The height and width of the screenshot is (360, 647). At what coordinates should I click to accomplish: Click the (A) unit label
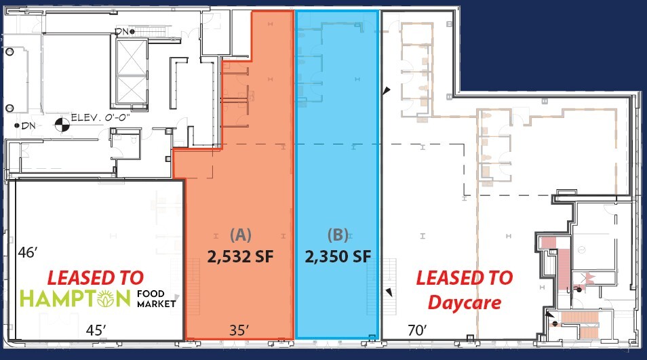(241, 235)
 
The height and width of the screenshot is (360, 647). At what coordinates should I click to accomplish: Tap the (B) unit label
(337, 235)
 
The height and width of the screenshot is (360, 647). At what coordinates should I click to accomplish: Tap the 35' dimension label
(239, 330)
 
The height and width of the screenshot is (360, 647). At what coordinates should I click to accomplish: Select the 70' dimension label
(417, 330)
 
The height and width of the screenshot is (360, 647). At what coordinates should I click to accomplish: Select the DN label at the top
(121, 31)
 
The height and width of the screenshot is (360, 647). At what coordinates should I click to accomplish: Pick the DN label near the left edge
(28, 125)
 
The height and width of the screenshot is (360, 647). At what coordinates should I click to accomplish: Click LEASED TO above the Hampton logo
(95, 277)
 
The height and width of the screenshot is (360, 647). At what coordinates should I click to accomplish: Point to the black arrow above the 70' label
(389, 292)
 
